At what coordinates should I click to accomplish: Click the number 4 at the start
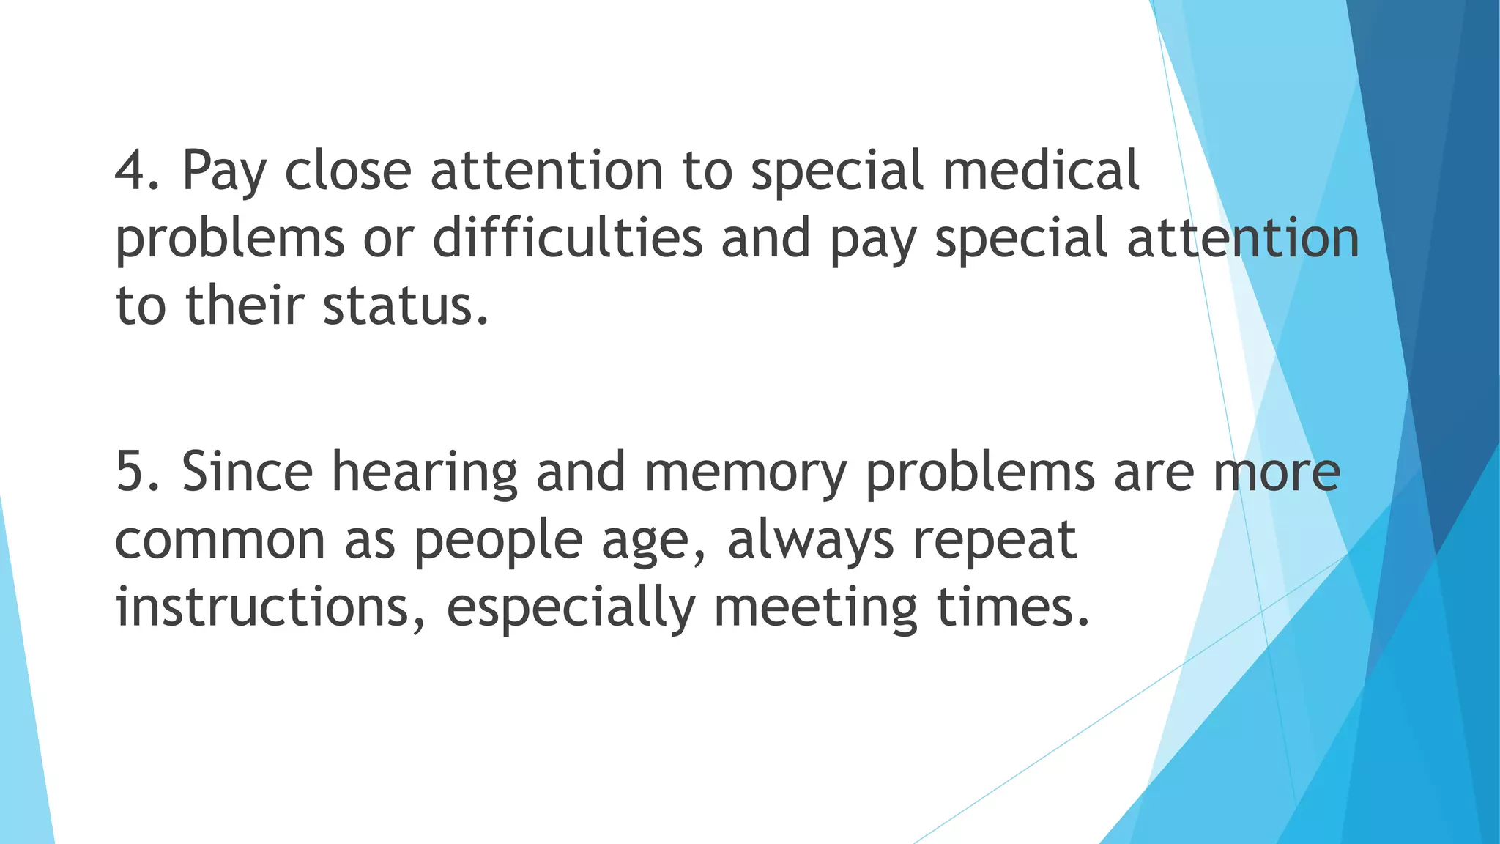point(135,171)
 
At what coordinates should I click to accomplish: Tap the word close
point(348,171)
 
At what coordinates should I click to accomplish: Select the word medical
point(1041,171)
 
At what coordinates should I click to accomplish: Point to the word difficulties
point(568,238)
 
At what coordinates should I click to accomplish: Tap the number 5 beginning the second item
point(135,472)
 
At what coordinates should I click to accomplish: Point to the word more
point(1277,472)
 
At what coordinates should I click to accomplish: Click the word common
point(220,540)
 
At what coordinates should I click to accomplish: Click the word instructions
point(263,608)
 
